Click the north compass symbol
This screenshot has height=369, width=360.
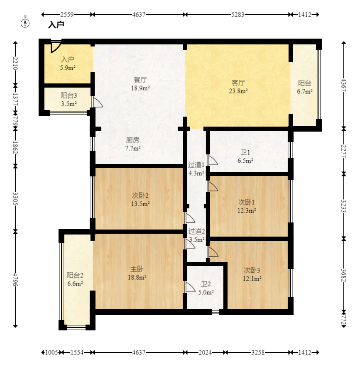coord(25,23)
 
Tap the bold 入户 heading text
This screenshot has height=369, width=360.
coord(56,24)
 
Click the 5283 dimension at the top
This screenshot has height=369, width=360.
coord(238,15)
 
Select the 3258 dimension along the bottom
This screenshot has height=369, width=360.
coord(257,352)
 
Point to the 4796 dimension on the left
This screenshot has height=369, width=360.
coord(15,279)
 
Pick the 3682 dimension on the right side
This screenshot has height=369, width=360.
coord(344,275)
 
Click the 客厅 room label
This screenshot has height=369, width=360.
coord(238,83)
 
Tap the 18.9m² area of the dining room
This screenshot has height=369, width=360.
coord(141,88)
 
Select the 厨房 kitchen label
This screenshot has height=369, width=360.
coord(133,140)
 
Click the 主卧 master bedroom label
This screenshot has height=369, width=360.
coord(137,269)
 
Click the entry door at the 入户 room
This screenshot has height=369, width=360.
coord(56,47)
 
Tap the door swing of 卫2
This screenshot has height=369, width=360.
coord(190,287)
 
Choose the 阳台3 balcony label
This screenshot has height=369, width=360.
coord(69,95)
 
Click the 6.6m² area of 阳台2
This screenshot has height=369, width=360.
coord(75,283)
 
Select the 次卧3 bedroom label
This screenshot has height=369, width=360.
coord(252,270)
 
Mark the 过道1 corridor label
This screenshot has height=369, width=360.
coord(196,165)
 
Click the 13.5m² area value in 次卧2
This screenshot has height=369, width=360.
coord(140,204)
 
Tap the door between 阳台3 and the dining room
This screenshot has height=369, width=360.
coord(98,102)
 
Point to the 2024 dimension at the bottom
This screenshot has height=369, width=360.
coord(205,352)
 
